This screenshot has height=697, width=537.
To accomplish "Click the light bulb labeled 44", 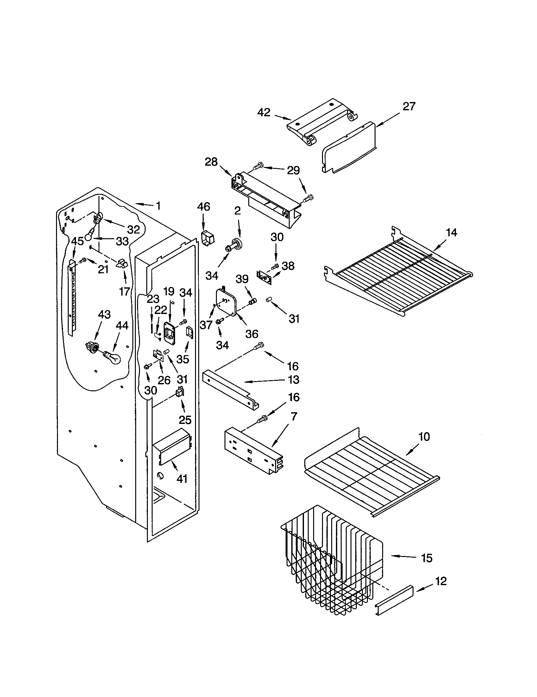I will tap(112, 358).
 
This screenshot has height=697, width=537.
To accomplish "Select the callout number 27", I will tap(409, 106).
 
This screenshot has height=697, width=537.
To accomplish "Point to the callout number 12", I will tap(441, 581).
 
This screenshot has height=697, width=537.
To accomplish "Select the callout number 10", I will tap(424, 437).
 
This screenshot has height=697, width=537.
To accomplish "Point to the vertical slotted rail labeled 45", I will tap(73, 297).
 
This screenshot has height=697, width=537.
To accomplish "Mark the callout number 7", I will tap(294, 417).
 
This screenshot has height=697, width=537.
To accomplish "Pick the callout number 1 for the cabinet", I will tap(158, 206).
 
